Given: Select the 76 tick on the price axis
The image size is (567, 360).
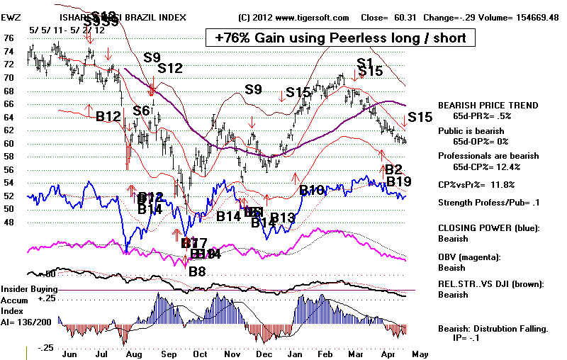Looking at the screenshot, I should pos(9,38).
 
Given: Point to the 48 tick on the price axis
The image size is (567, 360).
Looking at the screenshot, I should pos(9,222).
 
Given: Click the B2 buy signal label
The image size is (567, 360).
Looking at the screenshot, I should pos(393,169).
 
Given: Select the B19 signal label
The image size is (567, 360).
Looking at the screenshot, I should pos(398,182).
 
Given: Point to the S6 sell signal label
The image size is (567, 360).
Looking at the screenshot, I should pos(141,111).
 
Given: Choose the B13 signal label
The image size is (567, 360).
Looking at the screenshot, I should pos(281,218).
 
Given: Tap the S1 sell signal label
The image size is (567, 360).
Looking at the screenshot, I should pos(364,63).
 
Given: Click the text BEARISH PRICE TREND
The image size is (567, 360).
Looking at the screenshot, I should pos(478,105).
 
